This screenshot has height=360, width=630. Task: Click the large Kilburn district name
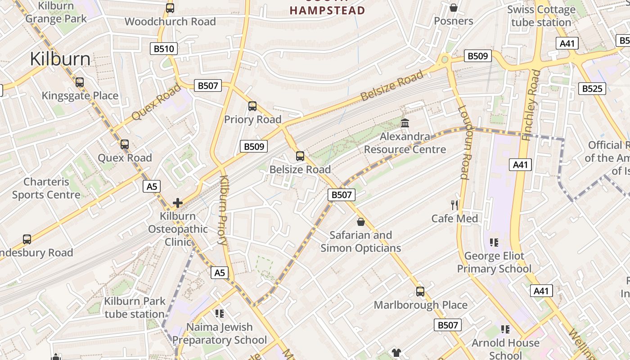pos(60,59)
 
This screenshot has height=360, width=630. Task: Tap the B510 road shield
pos(164,49)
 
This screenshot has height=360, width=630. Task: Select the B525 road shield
pos(592,88)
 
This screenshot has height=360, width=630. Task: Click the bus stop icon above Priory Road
pos(252,106)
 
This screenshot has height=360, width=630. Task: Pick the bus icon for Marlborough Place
pos(420,292)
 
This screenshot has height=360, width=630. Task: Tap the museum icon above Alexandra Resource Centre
pos(405,123)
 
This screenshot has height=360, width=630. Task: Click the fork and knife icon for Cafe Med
pos(454,205)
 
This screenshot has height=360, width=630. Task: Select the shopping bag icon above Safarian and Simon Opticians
pos(360,222)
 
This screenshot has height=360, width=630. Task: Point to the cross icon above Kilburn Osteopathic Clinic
pos(178,203)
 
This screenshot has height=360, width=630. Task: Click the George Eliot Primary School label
pos(494,262)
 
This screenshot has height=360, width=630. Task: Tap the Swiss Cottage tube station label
pos(541,16)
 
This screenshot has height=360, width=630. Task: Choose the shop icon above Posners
pos(454,8)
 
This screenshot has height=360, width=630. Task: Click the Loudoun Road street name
pos(464,142)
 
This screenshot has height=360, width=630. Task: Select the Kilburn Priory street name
pos(224,210)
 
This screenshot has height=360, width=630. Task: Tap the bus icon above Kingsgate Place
pos(80,82)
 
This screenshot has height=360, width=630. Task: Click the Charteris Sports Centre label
pos(46,188)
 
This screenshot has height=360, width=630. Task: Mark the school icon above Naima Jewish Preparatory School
pos(220,313)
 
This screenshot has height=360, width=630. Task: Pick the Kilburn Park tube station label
pos(135,307)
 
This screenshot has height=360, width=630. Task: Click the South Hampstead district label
pos(327,9)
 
